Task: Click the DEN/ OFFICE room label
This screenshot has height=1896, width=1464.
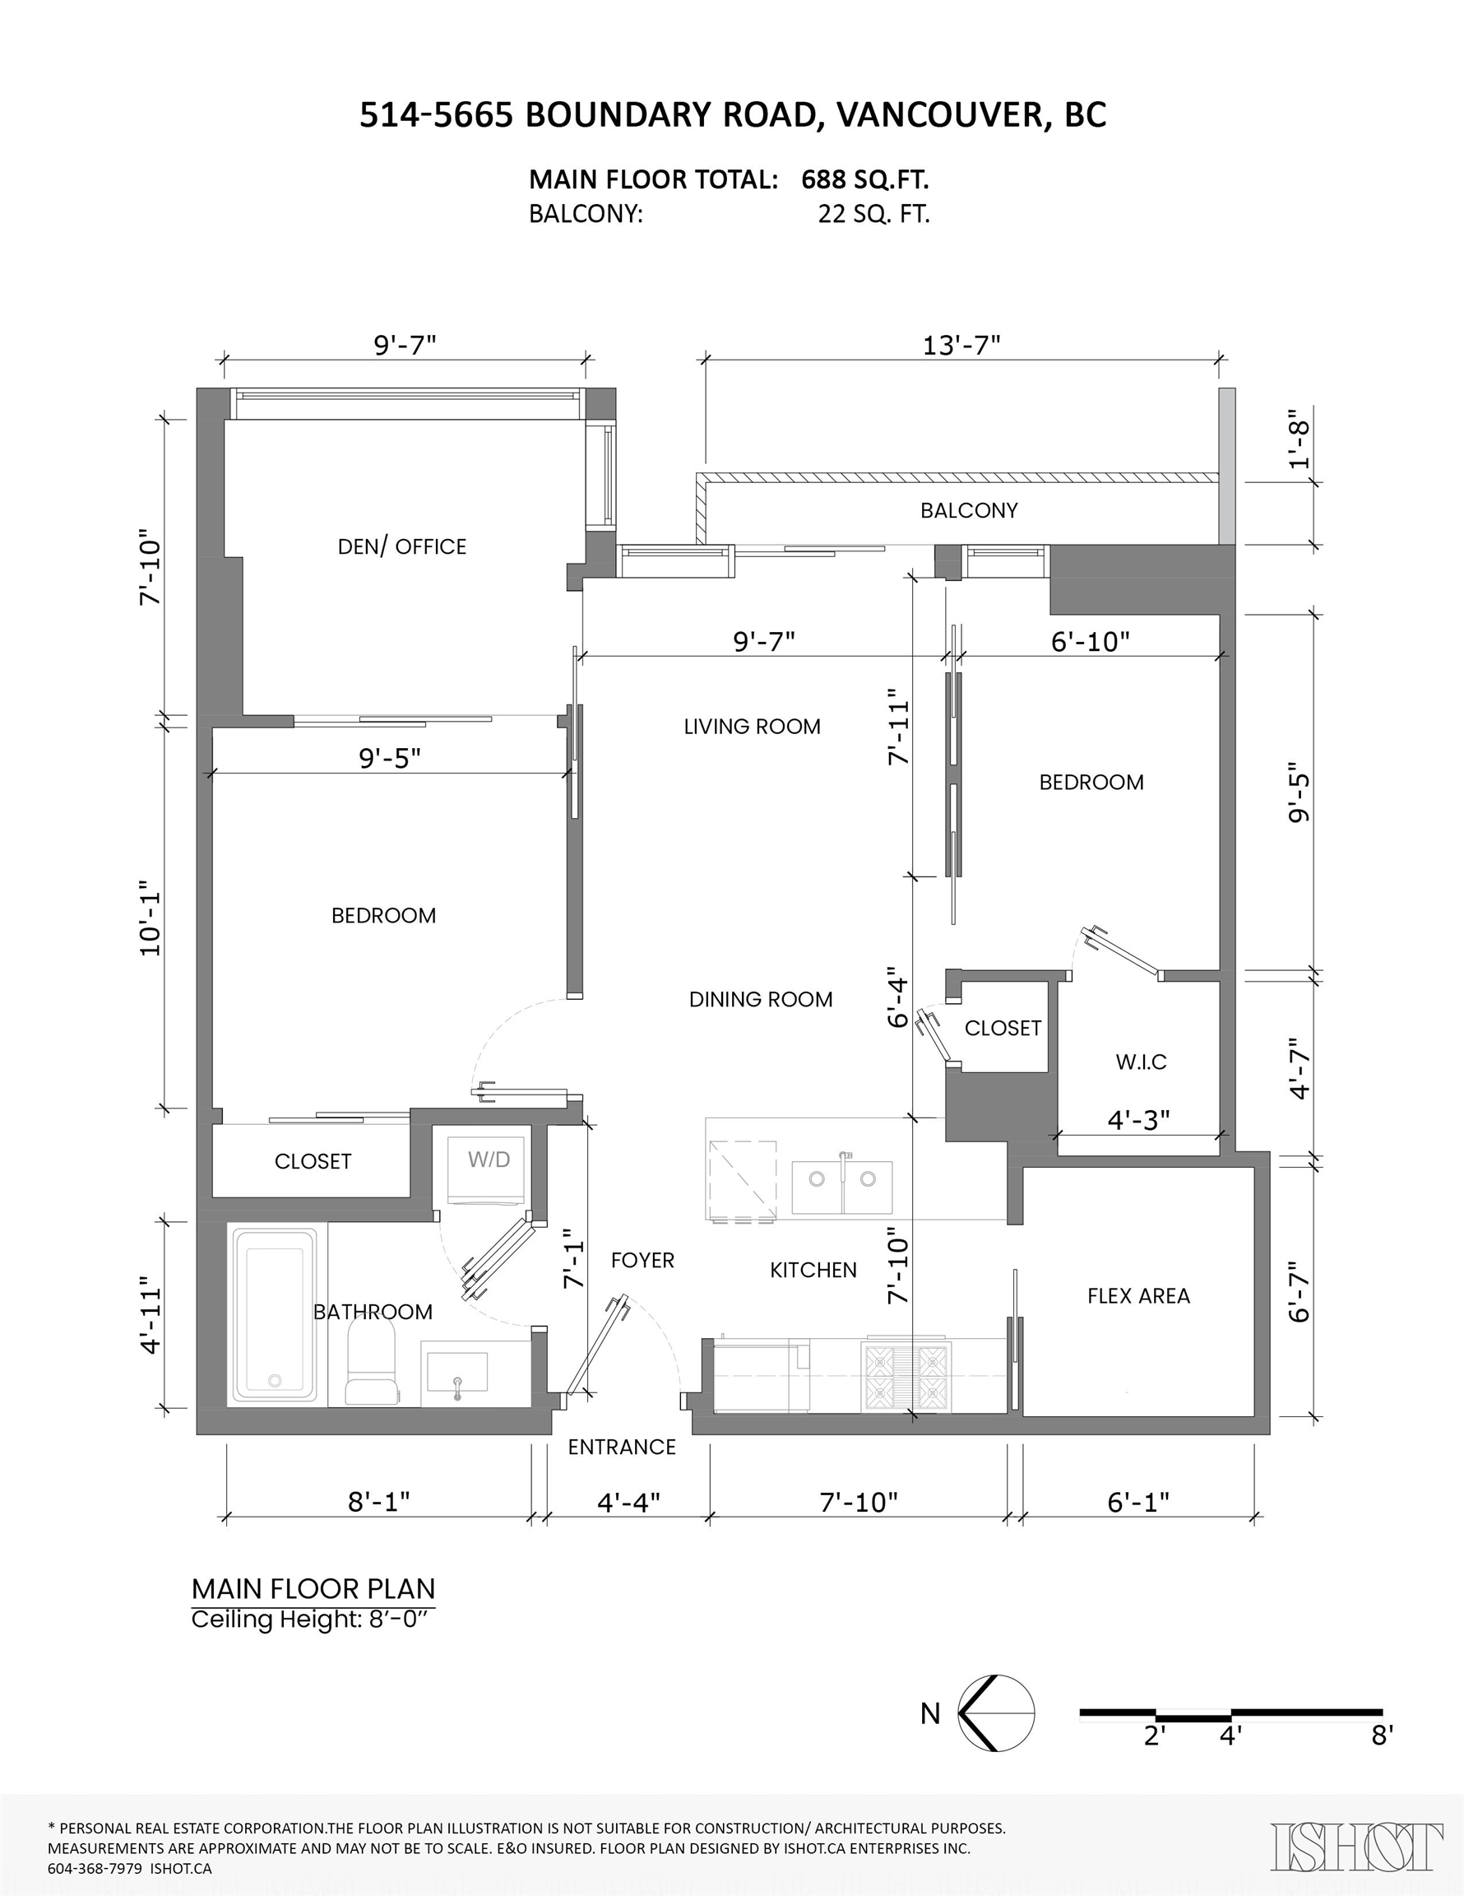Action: click(x=402, y=546)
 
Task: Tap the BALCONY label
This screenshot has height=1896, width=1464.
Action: click(x=969, y=509)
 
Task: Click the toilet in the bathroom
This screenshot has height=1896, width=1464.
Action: click(x=373, y=1362)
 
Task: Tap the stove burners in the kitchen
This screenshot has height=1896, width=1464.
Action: click(x=906, y=1376)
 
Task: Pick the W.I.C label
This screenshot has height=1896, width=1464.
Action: click(x=1140, y=1062)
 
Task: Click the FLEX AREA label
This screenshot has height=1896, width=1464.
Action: click(x=1138, y=1296)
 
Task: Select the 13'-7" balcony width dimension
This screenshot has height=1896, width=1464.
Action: click(x=961, y=346)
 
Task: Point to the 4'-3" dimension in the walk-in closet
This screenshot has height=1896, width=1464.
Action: click(x=1138, y=1120)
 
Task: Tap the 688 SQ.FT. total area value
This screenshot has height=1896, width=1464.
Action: click(x=865, y=179)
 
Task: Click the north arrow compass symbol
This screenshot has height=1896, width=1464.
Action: click(x=996, y=1712)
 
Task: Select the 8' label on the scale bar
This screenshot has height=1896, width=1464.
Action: click(x=1383, y=1736)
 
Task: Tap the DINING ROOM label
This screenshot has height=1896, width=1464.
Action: click(x=760, y=999)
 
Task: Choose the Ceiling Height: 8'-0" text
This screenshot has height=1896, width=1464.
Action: click(x=311, y=1619)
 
